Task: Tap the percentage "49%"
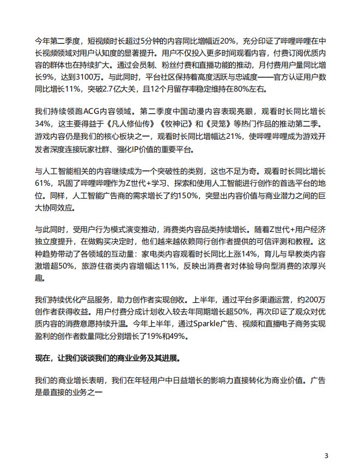[170, 337]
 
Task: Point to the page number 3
[326, 455]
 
